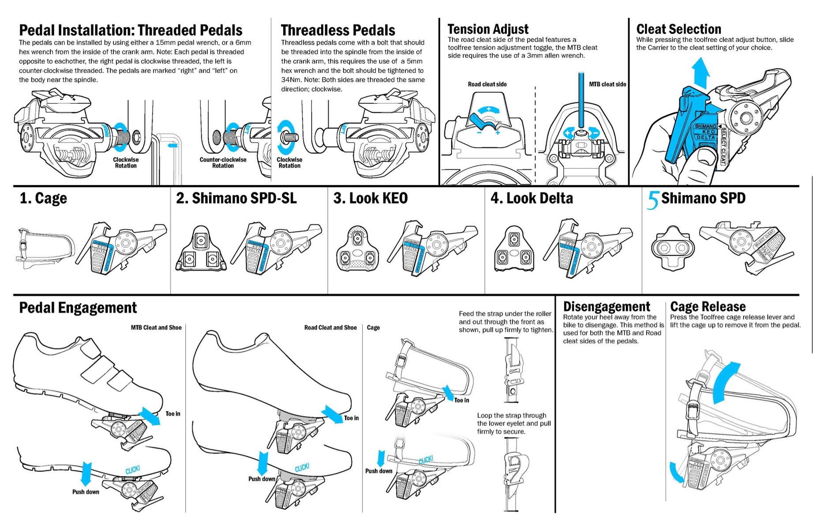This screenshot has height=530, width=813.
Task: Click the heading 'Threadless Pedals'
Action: point(338,30)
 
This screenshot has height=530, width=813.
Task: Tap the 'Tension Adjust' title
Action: point(488,29)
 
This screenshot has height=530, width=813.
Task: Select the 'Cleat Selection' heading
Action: point(678,29)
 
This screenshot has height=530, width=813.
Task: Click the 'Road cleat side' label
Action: point(487,84)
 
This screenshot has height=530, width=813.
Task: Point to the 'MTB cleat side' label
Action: point(607,84)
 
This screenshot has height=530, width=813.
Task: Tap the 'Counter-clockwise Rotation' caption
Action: point(223,163)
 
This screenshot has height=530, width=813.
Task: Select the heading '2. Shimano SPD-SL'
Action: point(236,198)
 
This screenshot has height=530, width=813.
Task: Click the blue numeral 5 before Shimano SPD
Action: point(652,200)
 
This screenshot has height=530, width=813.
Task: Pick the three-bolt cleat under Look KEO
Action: point(357,250)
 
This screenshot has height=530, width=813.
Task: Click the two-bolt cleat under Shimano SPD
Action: point(673,248)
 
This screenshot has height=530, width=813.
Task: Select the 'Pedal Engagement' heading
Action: point(78,308)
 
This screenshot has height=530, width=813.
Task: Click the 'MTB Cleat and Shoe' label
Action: point(156,328)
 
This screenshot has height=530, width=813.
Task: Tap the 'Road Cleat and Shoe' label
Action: point(330,328)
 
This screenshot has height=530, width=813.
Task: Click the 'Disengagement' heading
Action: point(607,307)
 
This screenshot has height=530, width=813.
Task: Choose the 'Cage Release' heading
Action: point(708,307)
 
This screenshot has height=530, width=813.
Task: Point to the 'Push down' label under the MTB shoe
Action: point(86,492)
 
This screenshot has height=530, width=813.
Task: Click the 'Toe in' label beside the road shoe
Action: point(351,418)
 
